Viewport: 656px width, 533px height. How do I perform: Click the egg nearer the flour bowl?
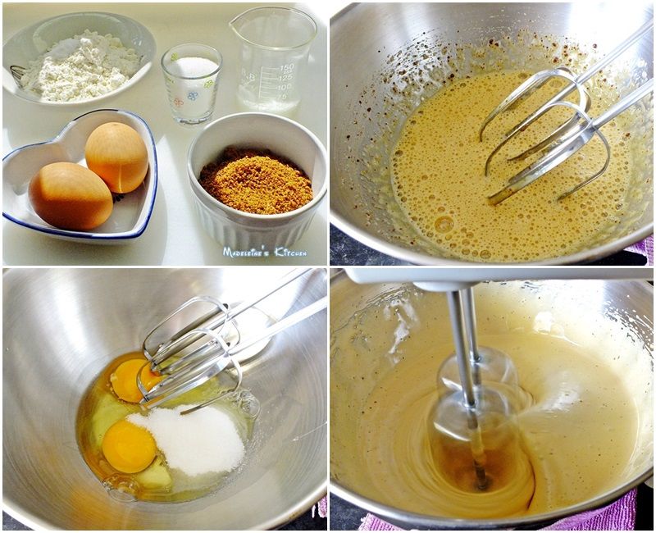pyautogui.click(x=116, y=157)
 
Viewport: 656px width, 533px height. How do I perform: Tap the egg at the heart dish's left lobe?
pyautogui.click(x=71, y=196)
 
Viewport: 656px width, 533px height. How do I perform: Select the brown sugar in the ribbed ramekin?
pyautogui.click(x=256, y=180)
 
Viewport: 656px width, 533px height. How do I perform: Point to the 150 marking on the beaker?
pyautogui.click(x=287, y=68)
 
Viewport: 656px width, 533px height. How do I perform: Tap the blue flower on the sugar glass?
pyautogui.click(x=192, y=96)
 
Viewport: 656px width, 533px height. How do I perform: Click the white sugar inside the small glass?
pyautogui.click(x=193, y=67)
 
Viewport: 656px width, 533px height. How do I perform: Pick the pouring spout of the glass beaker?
pyautogui.click(x=235, y=25)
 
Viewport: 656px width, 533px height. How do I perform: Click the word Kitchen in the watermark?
pyautogui.click(x=290, y=252)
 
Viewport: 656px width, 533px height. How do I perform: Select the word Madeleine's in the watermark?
pyautogui.click(x=247, y=252)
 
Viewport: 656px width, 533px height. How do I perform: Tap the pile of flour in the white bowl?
pyautogui.click(x=80, y=67)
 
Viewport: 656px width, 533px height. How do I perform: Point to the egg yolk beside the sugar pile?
pyautogui.click(x=129, y=446)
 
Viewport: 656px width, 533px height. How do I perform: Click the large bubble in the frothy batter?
pyautogui.click(x=444, y=224)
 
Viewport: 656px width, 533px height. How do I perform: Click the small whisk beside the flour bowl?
pyautogui.click(x=16, y=75)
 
